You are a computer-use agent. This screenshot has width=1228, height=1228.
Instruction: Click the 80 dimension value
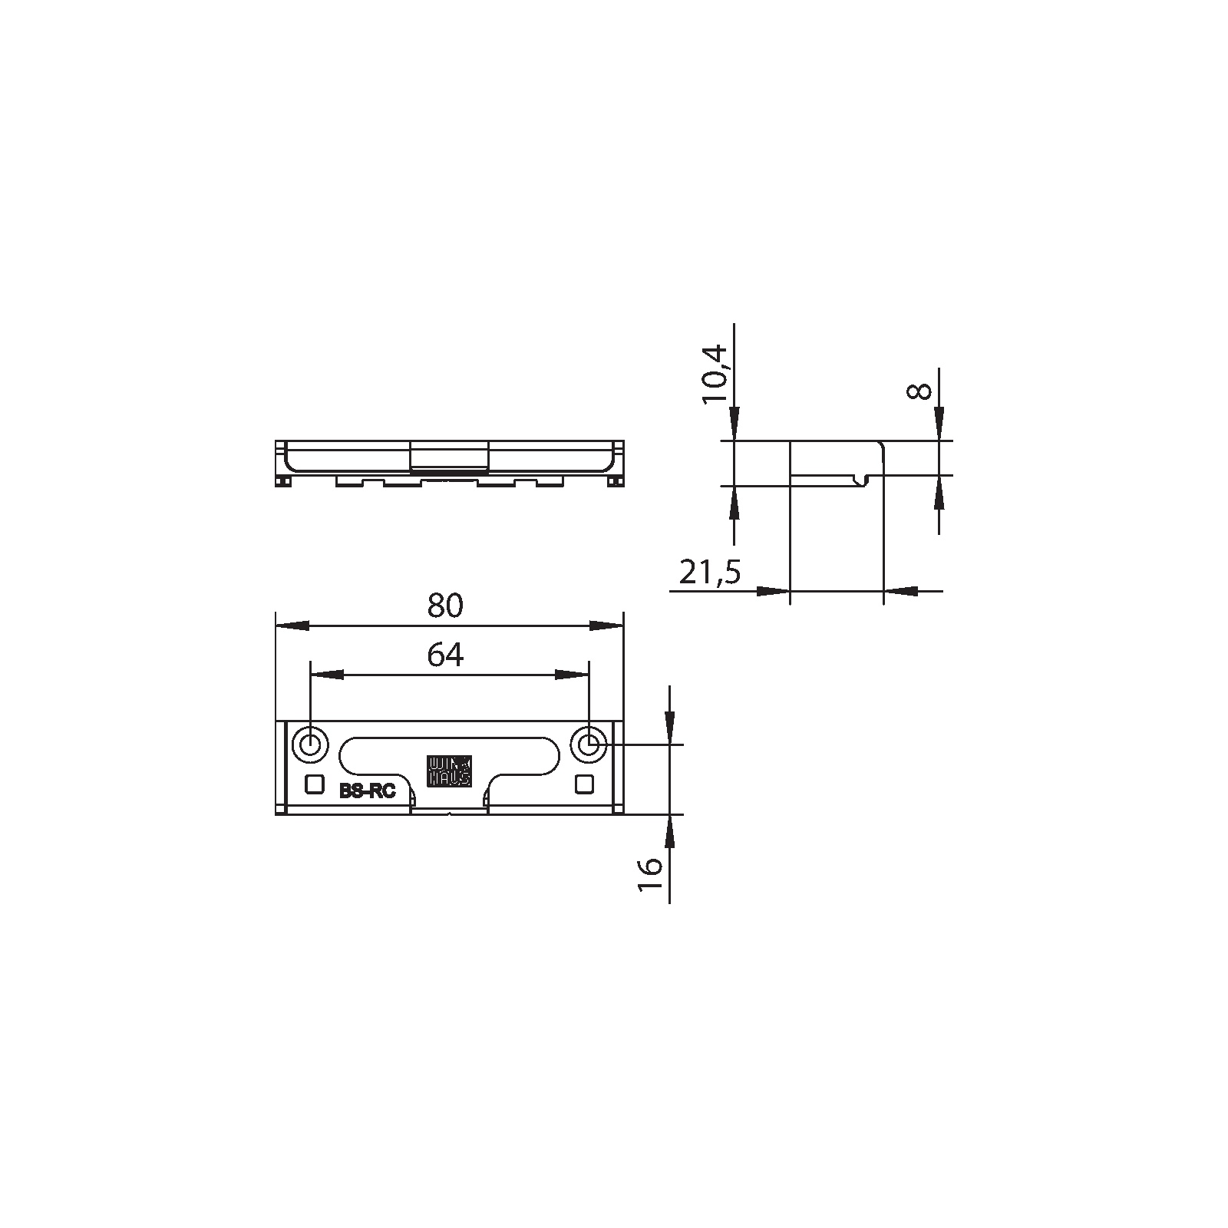tap(446, 606)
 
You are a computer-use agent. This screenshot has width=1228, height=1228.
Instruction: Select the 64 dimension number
tap(446, 655)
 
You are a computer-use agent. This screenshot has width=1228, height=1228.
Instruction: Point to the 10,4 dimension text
tap(713, 374)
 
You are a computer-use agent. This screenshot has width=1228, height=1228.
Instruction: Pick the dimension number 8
tap(919, 391)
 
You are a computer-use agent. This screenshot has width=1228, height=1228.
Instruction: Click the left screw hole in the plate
tap(311, 744)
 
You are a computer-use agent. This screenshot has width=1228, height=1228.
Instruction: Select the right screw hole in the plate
tap(589, 744)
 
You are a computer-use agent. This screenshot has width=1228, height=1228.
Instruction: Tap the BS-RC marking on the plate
tap(368, 791)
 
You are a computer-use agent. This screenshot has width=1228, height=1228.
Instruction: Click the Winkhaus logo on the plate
tap(450, 771)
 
